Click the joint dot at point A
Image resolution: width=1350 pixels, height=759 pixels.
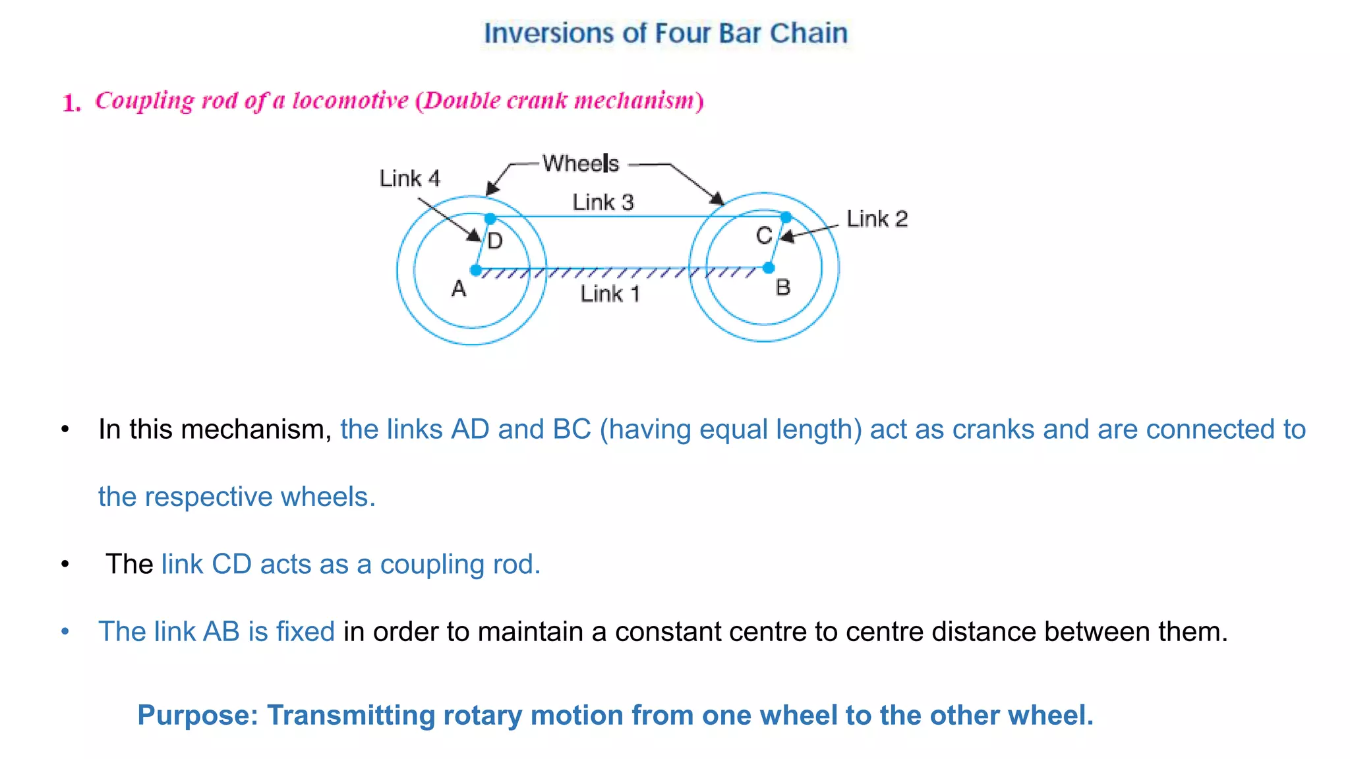pyautogui.click(x=476, y=269)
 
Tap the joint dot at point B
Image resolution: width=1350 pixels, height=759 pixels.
pyautogui.click(x=769, y=268)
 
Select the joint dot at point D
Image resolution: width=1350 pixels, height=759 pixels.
pyautogui.click(x=490, y=218)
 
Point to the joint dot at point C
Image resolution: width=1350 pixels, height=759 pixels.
pyautogui.click(x=786, y=217)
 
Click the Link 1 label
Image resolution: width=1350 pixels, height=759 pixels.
pyautogui.click(x=610, y=294)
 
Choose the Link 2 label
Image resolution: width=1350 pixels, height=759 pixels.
pyautogui.click(x=877, y=219)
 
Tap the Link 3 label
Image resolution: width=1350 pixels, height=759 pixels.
pyautogui.click(x=602, y=202)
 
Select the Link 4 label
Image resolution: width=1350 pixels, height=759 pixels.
pyautogui.click(x=409, y=179)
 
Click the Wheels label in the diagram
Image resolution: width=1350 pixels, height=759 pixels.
pyautogui.click(x=581, y=163)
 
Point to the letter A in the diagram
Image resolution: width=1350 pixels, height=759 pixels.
pyautogui.click(x=459, y=289)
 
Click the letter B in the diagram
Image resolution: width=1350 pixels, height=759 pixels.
pyautogui.click(x=783, y=287)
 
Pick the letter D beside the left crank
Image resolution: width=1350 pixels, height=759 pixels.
pyautogui.click(x=495, y=241)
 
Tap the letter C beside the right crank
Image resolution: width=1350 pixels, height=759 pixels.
pyautogui.click(x=764, y=235)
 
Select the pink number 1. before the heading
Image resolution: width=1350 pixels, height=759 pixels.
pyautogui.click(x=72, y=103)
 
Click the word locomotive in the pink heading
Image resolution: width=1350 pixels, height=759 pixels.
pyautogui.click(x=350, y=101)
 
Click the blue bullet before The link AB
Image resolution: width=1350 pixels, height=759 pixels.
pyautogui.click(x=65, y=632)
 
